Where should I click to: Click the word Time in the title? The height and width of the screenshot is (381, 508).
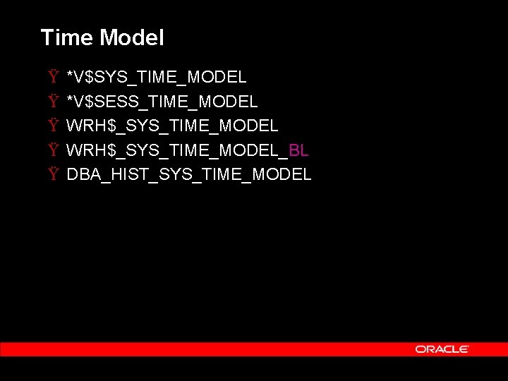[x=66, y=37]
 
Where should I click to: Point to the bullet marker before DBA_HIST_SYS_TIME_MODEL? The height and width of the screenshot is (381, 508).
[x=54, y=174]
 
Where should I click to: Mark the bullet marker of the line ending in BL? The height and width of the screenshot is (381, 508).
[x=54, y=150]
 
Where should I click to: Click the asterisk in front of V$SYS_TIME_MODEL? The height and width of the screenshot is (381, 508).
[x=69, y=74]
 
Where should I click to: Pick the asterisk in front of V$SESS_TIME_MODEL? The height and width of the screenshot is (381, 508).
[x=69, y=99]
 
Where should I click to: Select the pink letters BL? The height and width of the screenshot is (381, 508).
[x=298, y=150]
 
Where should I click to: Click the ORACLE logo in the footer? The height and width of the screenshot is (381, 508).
[x=442, y=349]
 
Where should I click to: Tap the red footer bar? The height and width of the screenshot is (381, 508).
[x=212, y=349]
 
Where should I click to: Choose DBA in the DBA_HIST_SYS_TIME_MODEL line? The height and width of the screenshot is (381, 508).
[x=81, y=174]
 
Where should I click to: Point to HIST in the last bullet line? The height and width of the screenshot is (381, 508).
[x=129, y=174]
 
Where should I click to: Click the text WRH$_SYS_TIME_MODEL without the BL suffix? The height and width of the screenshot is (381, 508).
[x=172, y=126]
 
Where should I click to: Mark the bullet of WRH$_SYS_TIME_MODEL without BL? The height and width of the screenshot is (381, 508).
[x=54, y=126]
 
